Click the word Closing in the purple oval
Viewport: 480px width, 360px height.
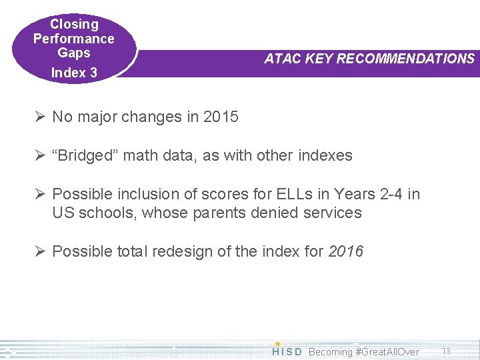coord(74,25)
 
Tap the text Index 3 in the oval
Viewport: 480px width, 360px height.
coord(74,73)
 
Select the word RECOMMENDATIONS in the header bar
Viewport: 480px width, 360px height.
coord(405,59)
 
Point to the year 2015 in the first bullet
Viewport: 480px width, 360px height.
coord(221,117)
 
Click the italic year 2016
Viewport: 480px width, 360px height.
coord(345,252)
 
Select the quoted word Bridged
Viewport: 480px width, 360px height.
coord(82,156)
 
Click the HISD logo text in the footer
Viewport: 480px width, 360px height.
coord(287,351)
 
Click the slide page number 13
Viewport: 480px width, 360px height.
coord(447,351)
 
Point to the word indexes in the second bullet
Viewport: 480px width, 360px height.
coord(325,156)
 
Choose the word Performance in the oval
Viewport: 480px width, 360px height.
coord(74,39)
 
